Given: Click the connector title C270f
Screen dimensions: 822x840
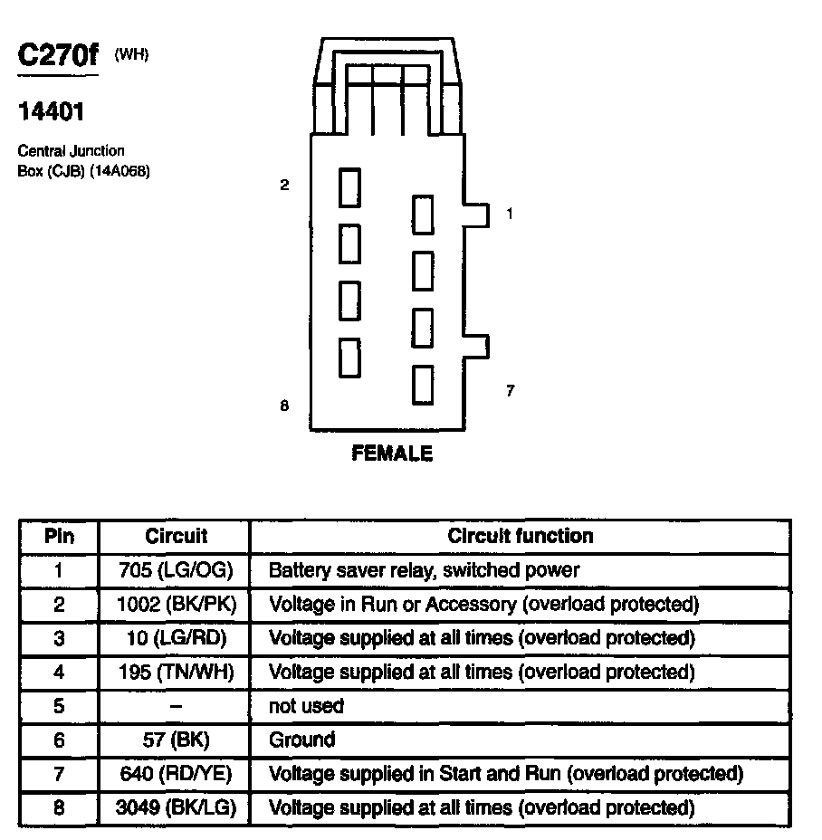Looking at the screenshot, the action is click(57, 56).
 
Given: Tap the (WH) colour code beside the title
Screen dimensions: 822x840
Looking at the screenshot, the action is click(131, 55).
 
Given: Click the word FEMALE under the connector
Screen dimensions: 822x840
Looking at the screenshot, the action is click(392, 453).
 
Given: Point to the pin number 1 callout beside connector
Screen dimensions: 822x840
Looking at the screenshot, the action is click(510, 215).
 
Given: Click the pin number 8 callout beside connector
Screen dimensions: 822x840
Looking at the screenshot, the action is click(284, 406).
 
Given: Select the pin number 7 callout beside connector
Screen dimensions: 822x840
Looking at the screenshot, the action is click(510, 391).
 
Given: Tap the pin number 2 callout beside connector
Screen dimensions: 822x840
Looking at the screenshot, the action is click(284, 186).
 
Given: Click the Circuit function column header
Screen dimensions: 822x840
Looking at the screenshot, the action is click(521, 536).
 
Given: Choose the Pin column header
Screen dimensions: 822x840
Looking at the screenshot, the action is click(60, 536).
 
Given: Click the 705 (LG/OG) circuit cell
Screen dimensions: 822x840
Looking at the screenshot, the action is click(176, 570).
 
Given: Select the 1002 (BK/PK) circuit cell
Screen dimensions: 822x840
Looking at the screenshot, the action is click(176, 604).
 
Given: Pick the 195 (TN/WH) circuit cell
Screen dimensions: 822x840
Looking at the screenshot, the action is click(176, 672).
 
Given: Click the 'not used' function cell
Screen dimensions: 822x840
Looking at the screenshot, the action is click(307, 705).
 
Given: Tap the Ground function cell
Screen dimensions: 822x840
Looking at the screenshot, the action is click(302, 740).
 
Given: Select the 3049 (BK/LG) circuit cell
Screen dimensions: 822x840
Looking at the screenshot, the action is click(176, 807).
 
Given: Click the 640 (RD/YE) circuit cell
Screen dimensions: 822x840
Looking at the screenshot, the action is click(176, 773).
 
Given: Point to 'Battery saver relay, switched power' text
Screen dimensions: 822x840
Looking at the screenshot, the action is click(424, 570).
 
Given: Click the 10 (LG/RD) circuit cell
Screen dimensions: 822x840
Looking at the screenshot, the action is click(176, 638).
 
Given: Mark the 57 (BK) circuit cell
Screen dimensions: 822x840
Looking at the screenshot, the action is click(176, 740).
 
